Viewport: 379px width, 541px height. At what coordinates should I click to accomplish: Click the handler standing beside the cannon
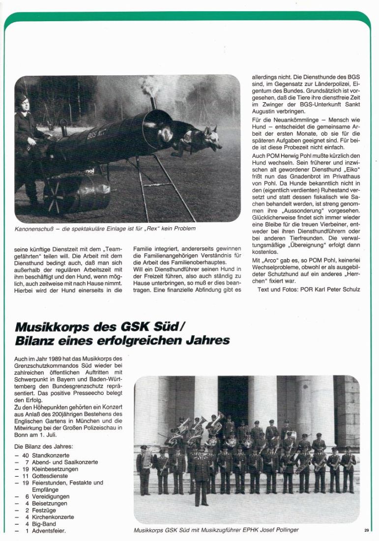click(26, 143)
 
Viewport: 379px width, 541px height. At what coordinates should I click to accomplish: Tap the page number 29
click(367, 530)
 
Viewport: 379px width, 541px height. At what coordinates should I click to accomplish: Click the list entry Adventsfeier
click(49, 531)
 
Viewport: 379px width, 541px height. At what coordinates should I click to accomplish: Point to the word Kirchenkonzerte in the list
click(53, 517)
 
